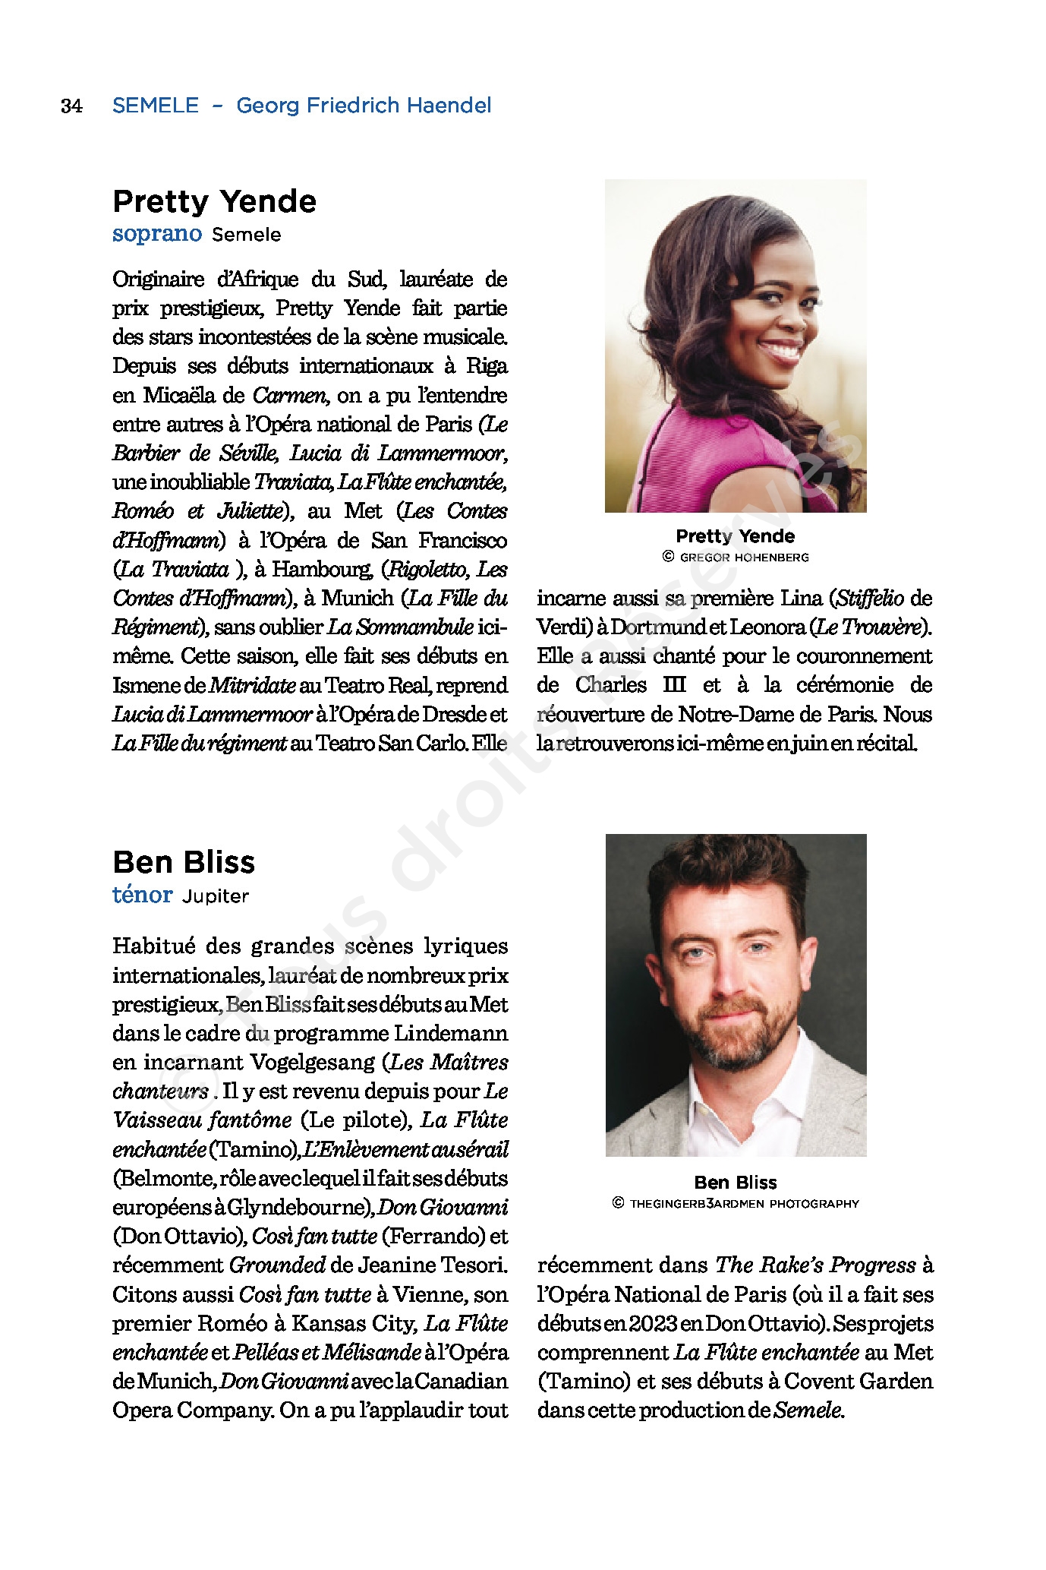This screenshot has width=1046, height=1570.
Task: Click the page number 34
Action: [71, 106]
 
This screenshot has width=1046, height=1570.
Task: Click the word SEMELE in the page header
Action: [156, 106]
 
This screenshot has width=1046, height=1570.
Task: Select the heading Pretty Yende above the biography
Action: [214, 201]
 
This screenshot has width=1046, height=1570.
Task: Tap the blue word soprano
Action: [157, 233]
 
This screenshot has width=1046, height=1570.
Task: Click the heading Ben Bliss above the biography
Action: [184, 862]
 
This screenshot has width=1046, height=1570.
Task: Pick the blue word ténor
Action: [142, 895]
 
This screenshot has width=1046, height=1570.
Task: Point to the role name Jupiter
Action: [216, 896]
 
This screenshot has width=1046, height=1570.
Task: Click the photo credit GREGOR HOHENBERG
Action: [744, 558]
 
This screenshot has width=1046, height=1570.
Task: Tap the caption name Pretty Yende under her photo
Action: [735, 536]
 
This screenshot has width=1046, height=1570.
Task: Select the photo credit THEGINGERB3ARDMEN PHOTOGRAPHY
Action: [744, 1203]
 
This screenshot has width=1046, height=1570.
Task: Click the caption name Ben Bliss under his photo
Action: [736, 1182]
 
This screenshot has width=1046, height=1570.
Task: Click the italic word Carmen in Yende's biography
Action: [289, 396]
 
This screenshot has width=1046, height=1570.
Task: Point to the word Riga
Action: [487, 366]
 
